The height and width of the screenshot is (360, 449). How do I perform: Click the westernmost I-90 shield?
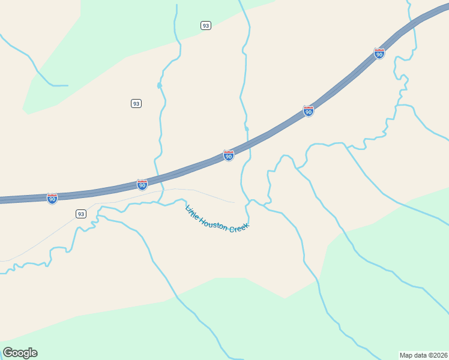pyautogui.click(x=52, y=198)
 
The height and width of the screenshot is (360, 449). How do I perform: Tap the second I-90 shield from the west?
pyautogui.click(x=142, y=185)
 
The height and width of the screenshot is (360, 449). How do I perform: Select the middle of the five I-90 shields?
pyautogui.click(x=229, y=155)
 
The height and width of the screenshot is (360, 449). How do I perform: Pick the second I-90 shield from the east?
pyautogui.click(x=308, y=111)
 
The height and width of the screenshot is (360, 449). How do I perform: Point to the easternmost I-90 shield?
pyautogui.click(x=379, y=53)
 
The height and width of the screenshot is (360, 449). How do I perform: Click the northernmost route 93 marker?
pyautogui.click(x=206, y=25)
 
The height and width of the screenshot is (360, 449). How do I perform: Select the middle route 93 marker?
pyautogui.click(x=136, y=103)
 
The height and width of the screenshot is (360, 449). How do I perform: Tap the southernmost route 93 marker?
pyautogui.click(x=81, y=214)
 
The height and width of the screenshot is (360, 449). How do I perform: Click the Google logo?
pyautogui.click(x=20, y=353)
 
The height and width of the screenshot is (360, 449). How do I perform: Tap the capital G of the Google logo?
pyautogui.click(x=8, y=352)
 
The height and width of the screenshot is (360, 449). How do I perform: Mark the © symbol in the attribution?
pyautogui.click(x=432, y=355)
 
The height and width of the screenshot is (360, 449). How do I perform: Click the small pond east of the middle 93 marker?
pyautogui.click(x=159, y=86)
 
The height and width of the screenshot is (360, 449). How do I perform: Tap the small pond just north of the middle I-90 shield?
pyautogui.click(x=246, y=128)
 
